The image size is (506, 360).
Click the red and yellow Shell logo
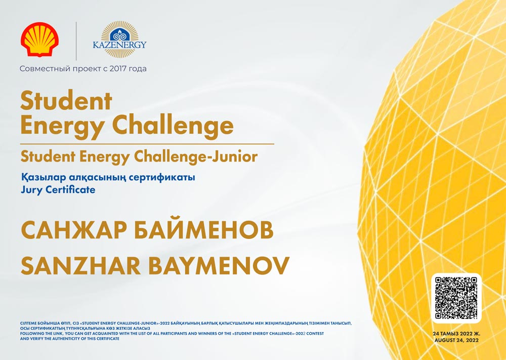tap(39, 39)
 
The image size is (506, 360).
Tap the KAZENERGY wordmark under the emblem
tap(120, 45)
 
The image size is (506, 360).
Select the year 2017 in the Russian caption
tap(118, 68)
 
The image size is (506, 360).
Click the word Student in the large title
tap(66, 101)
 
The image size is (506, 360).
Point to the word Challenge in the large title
tap(173, 127)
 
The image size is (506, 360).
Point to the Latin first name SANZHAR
tap(80, 266)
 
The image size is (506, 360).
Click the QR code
tap(456, 298)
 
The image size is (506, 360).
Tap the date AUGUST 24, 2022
tap(456, 340)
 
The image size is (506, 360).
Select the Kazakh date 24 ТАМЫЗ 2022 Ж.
tap(456, 334)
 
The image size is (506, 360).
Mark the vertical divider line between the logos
tap(76, 41)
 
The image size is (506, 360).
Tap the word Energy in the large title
tap(61, 127)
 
